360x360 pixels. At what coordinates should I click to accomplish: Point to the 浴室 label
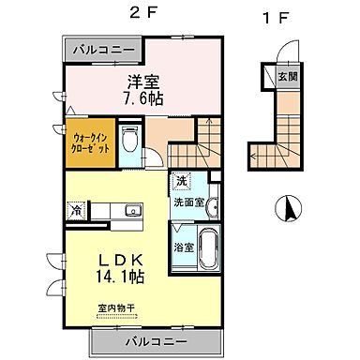pos(183,248)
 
